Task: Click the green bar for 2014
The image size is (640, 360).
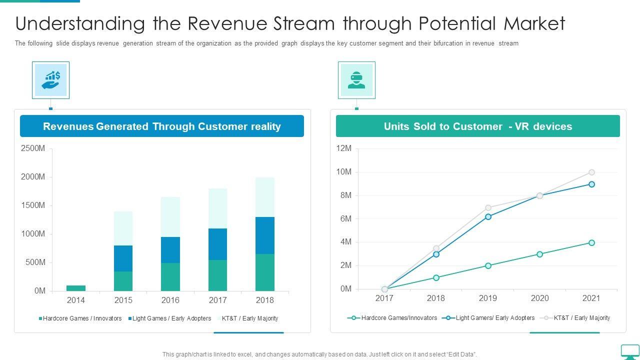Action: click(x=76, y=288)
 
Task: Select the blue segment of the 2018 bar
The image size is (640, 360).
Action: click(x=265, y=235)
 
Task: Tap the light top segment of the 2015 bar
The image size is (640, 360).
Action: click(x=123, y=228)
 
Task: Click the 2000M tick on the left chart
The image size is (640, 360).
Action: click(x=33, y=177)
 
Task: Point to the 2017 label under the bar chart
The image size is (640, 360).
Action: click(x=217, y=300)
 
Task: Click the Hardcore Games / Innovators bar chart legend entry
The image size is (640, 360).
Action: click(x=80, y=318)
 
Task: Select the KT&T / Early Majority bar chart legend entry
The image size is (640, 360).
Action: click(x=248, y=318)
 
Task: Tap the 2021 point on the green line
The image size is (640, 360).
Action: click(x=591, y=243)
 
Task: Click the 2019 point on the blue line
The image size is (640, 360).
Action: click(x=488, y=216)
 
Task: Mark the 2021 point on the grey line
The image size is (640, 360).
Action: click(x=591, y=172)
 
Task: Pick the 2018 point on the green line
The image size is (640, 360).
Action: click(x=436, y=277)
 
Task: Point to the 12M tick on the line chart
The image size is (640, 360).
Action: click(x=344, y=148)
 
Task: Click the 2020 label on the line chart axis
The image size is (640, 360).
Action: click(x=539, y=298)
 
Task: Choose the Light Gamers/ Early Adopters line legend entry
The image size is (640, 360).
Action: click(x=490, y=318)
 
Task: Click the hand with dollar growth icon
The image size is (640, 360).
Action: click(x=50, y=80)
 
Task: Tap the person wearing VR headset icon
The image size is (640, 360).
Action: click(x=356, y=80)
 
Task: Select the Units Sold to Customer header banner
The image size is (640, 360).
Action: click(x=477, y=126)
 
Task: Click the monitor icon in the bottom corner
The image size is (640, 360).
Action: click(x=629, y=351)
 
